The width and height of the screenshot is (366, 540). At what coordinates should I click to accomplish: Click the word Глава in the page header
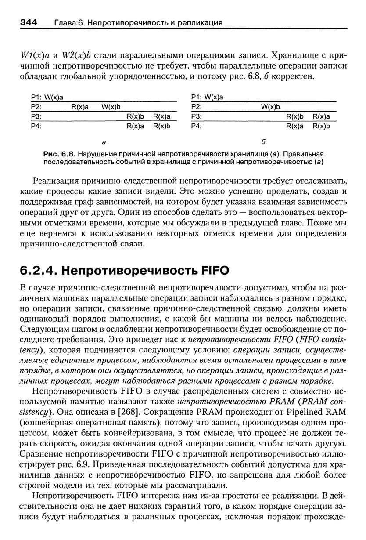pyautogui.click(x=65, y=22)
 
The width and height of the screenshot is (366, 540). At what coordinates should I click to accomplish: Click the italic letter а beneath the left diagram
pyautogui.click(x=104, y=142)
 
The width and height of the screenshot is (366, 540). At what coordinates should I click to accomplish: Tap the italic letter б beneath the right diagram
pyautogui.click(x=264, y=142)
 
